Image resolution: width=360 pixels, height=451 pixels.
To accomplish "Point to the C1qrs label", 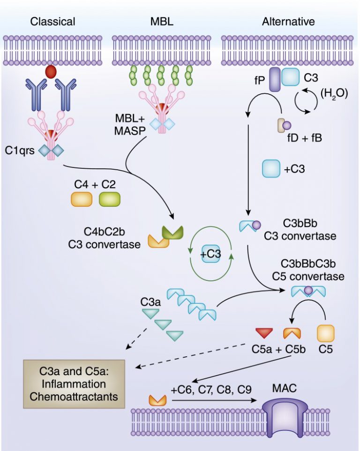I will coord(20,152).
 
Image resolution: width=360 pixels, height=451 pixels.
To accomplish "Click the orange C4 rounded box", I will coord(82,199).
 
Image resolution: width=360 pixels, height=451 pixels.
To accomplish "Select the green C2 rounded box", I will coord(110,199).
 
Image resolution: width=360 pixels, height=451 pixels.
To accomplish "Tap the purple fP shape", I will coord(274,77).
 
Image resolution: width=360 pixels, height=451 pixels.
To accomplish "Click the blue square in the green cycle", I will coord(210,253).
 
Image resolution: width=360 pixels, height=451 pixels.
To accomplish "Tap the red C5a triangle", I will coord(264,333).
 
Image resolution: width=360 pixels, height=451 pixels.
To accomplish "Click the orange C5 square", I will coord(326,333).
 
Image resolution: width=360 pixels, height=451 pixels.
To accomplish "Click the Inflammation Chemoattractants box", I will coord(75,383).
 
